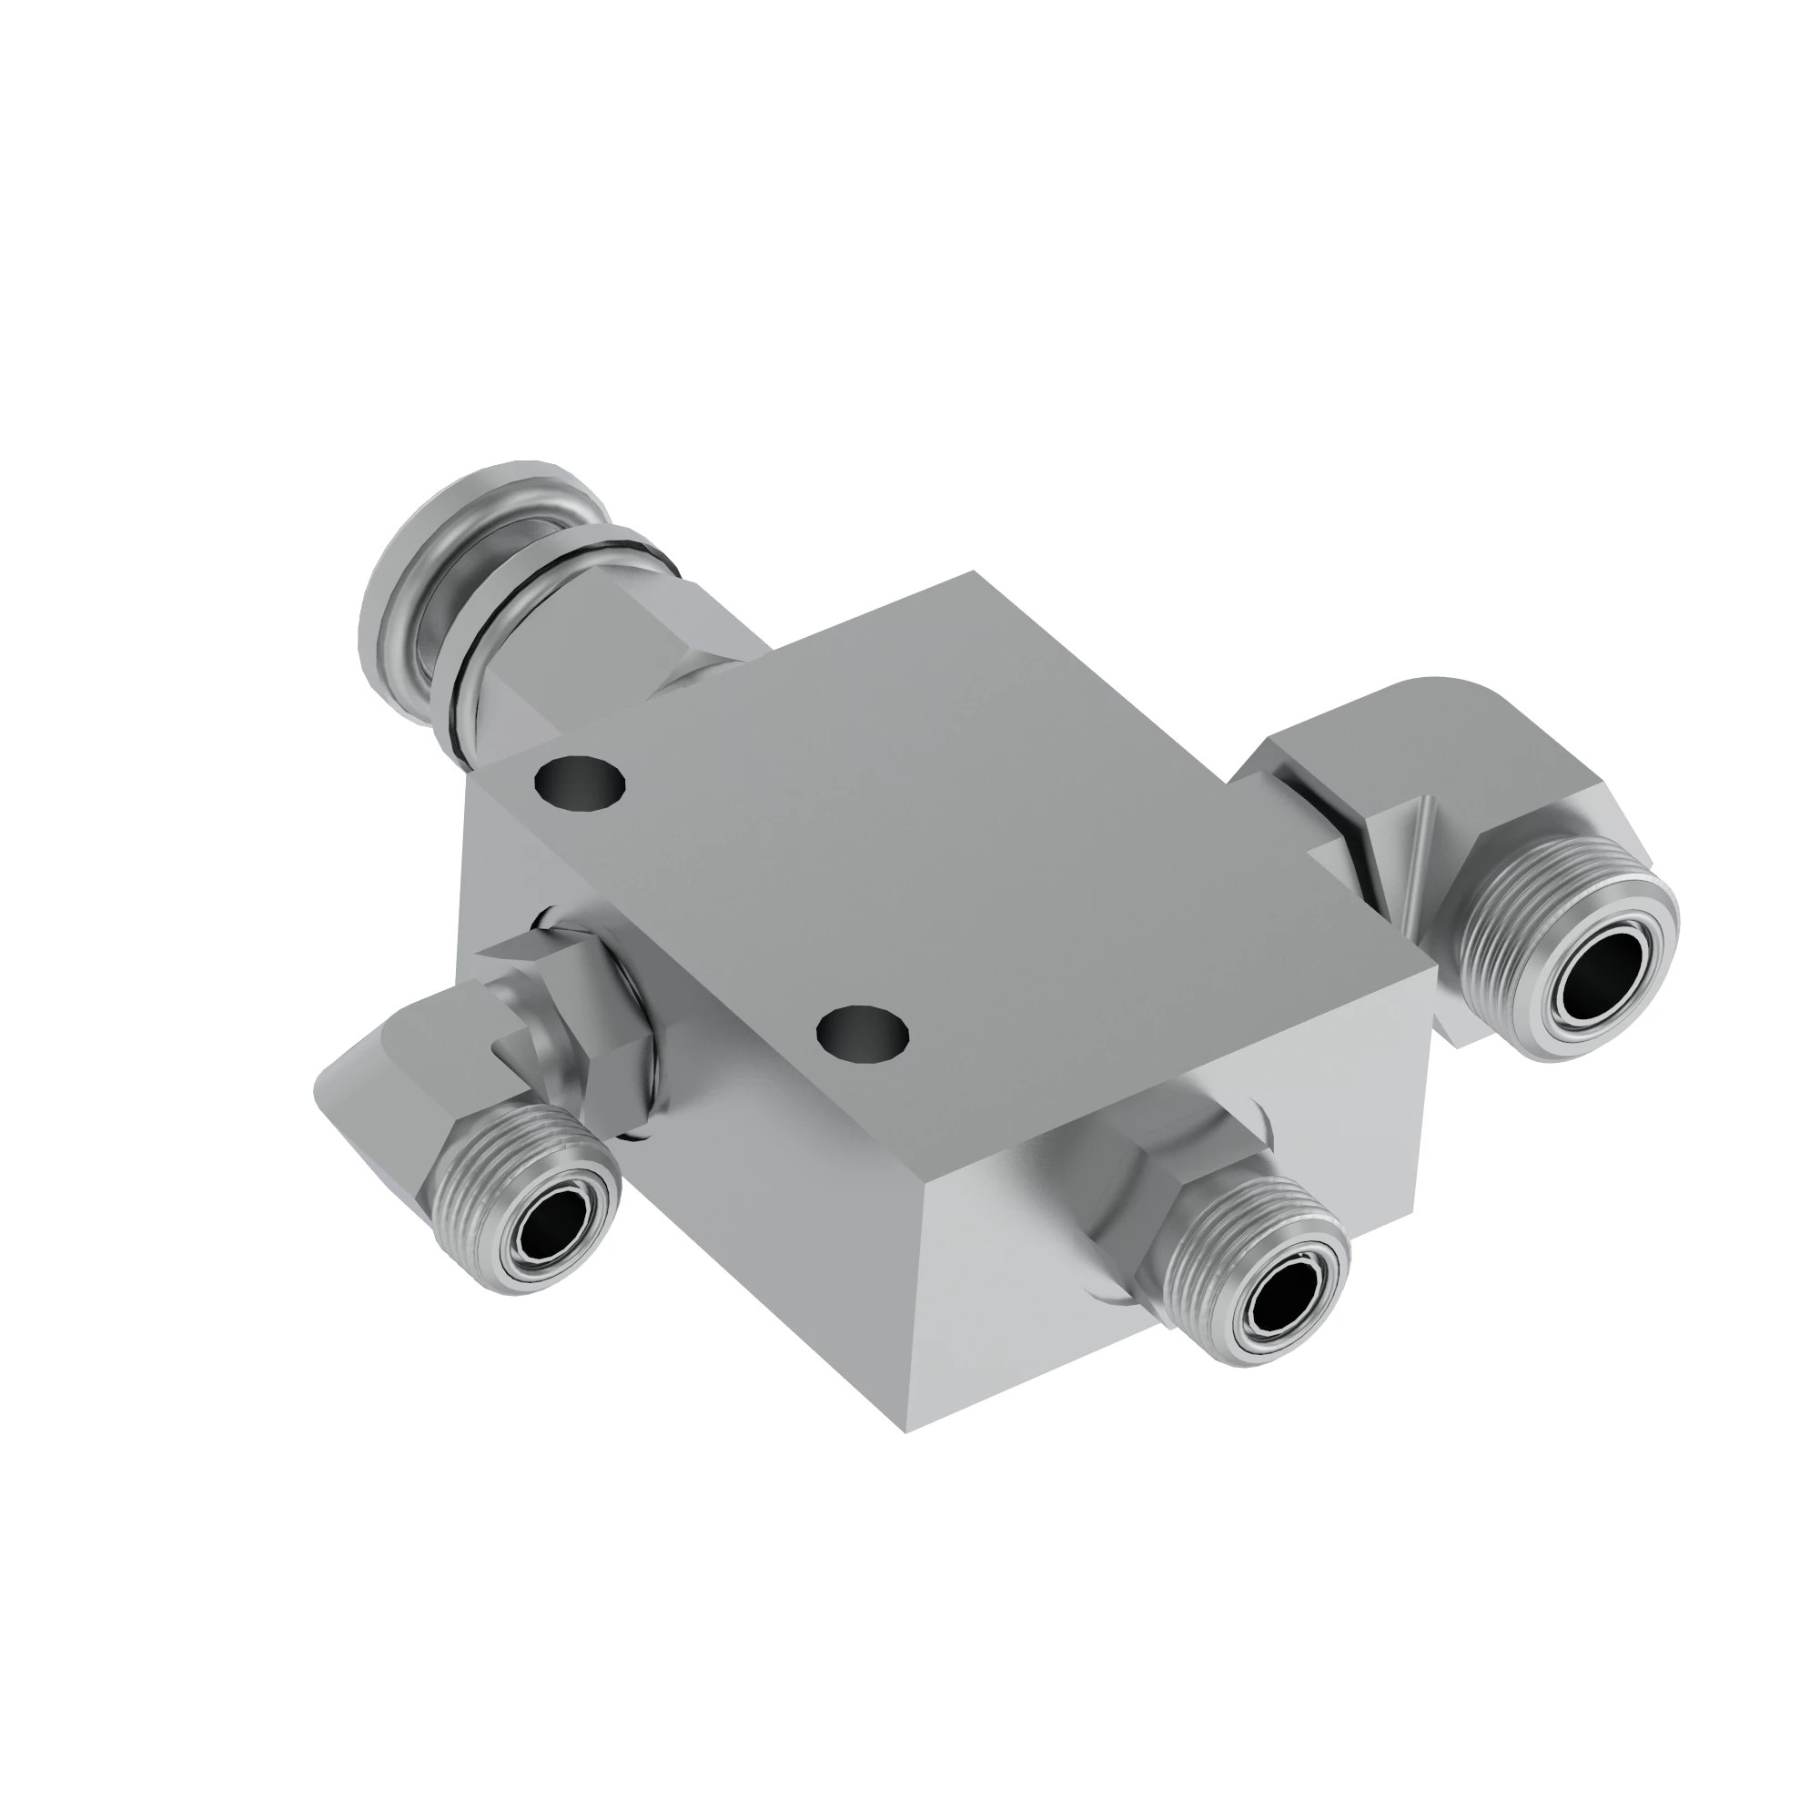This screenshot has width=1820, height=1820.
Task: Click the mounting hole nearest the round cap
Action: coord(580,781)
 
